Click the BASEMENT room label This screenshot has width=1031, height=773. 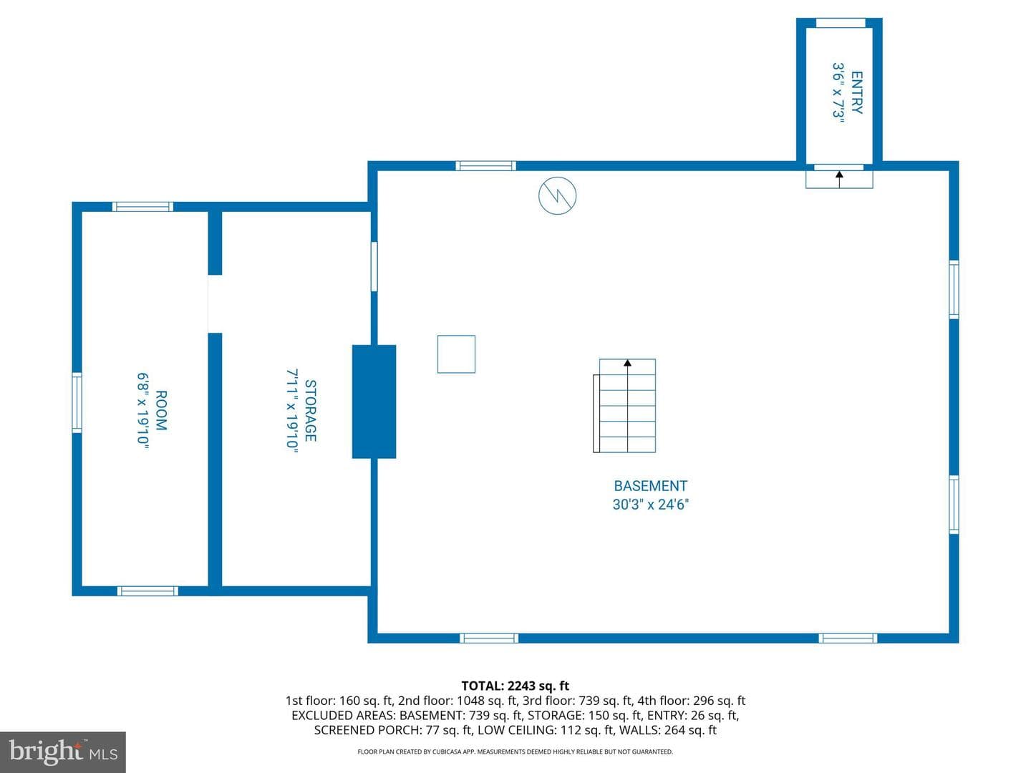click(650, 486)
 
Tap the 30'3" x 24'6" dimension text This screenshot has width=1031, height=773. click(650, 505)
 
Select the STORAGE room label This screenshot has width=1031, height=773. click(310, 411)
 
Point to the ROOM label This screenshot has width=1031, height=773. click(160, 411)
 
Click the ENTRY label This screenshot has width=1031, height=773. click(856, 92)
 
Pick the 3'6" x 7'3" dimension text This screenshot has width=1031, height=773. click(838, 92)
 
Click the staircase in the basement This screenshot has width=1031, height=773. click(624, 406)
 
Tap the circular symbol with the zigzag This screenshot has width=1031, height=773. click(557, 195)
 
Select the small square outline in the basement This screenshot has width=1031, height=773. click(456, 354)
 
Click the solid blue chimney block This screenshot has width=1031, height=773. click(374, 402)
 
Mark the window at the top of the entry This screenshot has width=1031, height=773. click(841, 23)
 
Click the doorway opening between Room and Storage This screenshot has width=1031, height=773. click(215, 303)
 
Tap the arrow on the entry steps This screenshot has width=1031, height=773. click(839, 179)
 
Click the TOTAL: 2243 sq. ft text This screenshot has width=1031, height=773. click(515, 686)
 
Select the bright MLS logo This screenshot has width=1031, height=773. click(63, 752)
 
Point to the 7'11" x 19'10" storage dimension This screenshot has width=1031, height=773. click(292, 411)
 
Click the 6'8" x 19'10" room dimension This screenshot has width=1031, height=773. click(142, 411)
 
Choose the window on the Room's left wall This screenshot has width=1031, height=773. click(77, 402)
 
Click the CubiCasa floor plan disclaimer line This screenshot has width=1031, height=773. click(515, 752)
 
